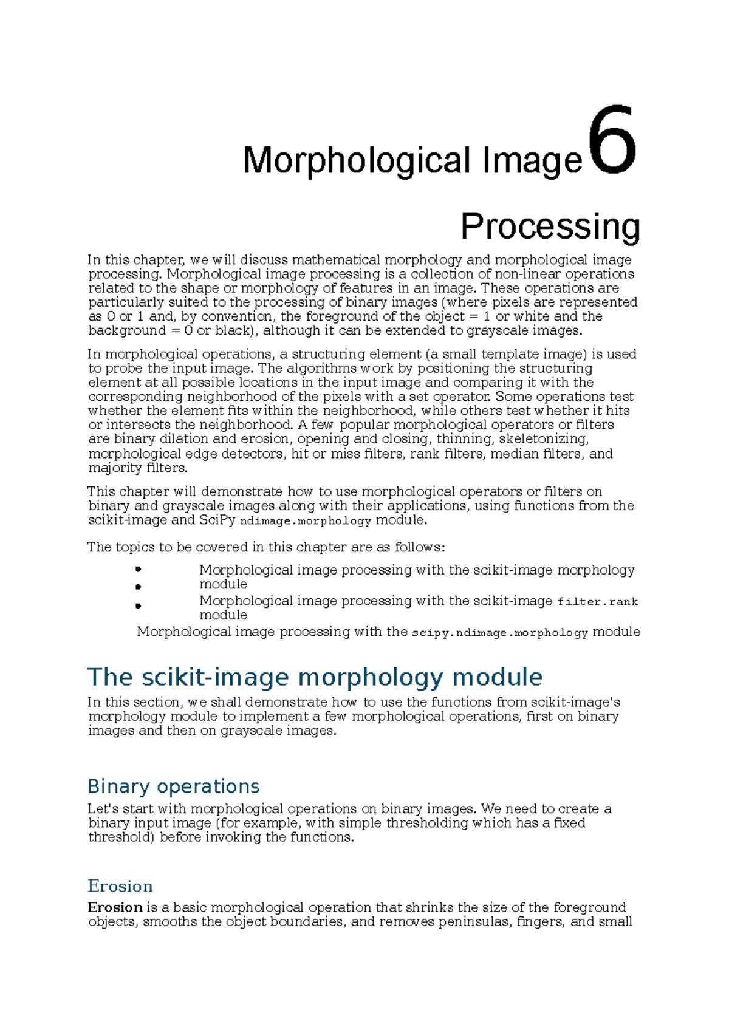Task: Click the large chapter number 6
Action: [612, 141]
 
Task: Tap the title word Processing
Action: [550, 227]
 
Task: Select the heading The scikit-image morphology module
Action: [315, 677]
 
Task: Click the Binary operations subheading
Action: [174, 786]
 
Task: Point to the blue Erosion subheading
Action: [120, 886]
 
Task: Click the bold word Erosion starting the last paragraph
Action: [115, 907]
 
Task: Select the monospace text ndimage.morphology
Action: [306, 521]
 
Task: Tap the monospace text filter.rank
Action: [598, 602]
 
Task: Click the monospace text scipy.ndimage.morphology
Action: [499, 633]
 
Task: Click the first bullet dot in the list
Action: [139, 569]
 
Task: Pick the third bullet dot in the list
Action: [139, 605]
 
